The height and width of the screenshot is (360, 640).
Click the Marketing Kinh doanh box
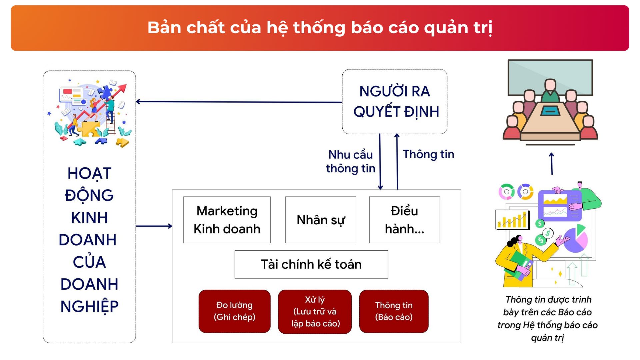pos(227,220)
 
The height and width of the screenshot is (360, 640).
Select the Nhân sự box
pos(321,220)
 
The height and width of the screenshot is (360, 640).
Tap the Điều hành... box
pos(404,220)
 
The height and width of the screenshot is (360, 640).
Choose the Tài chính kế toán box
pos(311,264)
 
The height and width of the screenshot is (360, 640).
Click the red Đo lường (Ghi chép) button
pos(235,311)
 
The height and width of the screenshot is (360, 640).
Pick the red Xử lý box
pos(315,312)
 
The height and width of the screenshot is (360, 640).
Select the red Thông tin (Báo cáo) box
pos(394,311)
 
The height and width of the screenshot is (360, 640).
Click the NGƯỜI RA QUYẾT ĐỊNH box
pos(395,102)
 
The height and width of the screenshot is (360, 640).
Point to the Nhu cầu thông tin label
pos(351,161)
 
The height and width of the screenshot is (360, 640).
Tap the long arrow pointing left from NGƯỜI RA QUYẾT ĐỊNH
pos(239,102)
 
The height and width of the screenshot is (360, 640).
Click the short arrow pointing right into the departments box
pos(154,226)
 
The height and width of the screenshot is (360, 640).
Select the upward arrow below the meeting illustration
pos(552,163)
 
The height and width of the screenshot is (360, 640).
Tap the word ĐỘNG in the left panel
pos(89,195)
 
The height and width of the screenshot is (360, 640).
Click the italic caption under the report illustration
pos(548,318)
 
